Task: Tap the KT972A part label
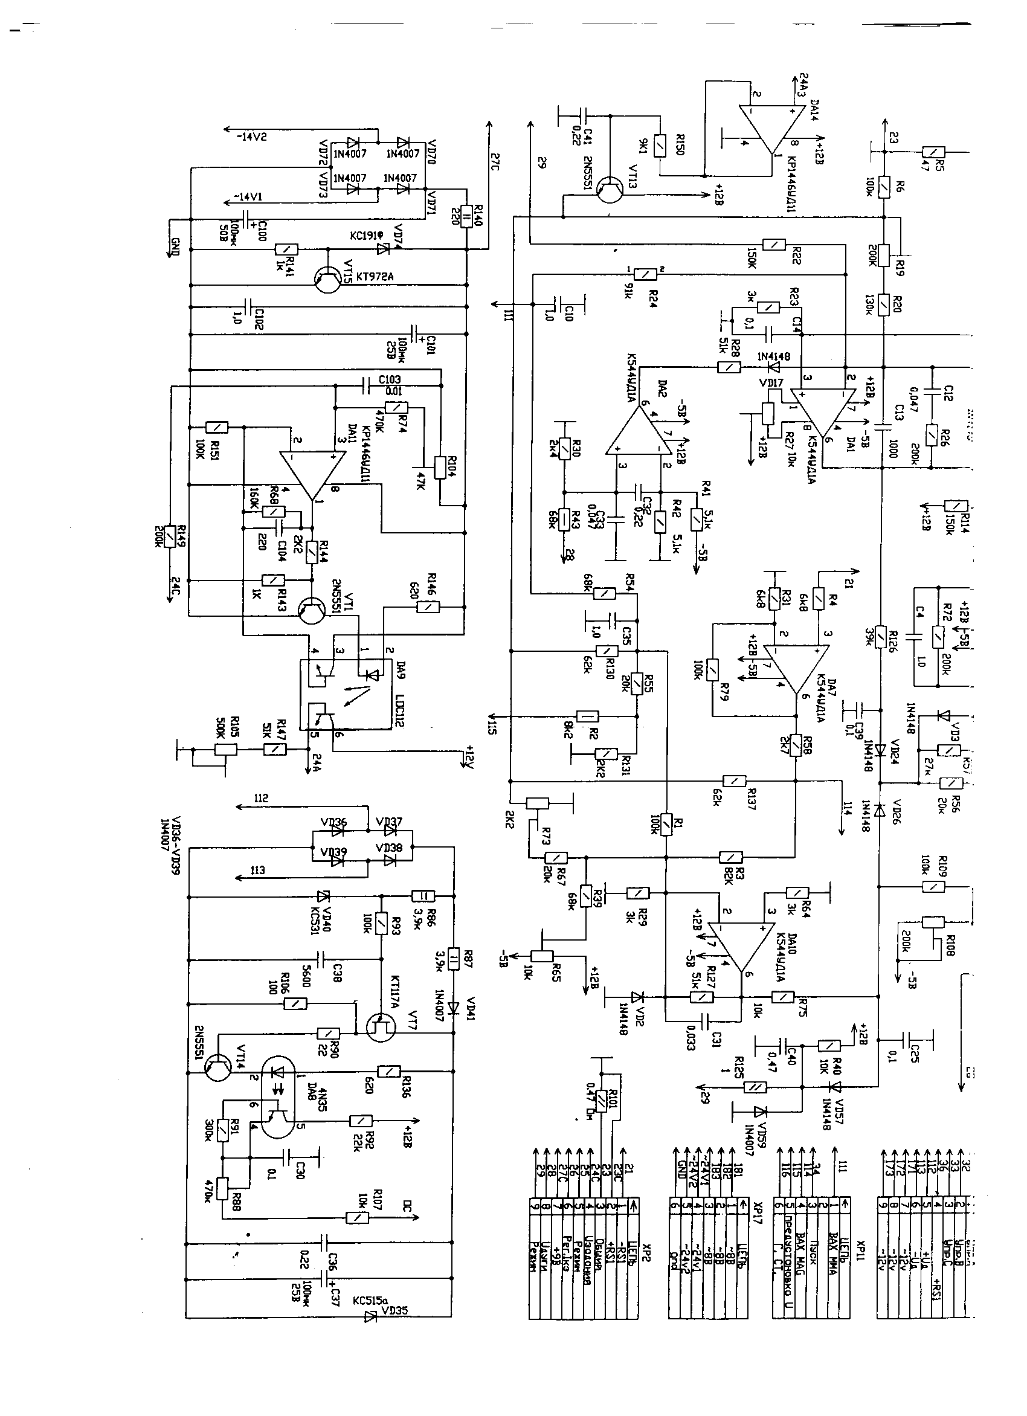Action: (x=375, y=277)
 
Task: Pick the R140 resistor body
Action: (x=466, y=217)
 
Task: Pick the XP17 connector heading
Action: (x=758, y=1221)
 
